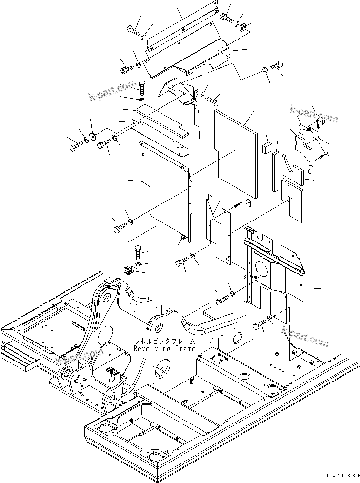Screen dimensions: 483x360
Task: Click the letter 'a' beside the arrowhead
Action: (x=249, y=203)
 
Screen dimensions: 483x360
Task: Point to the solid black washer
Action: (x=92, y=136)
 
